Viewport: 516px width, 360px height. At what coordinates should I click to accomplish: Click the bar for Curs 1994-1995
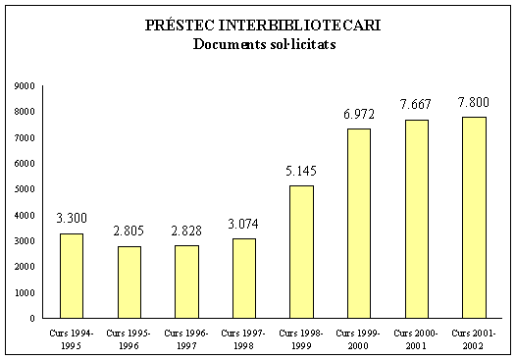71,276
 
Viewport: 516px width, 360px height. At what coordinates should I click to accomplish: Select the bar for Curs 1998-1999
301,252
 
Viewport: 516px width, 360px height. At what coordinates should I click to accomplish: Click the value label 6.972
359,115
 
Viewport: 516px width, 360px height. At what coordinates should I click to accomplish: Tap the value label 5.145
301,172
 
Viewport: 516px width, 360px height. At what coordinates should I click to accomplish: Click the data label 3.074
244,225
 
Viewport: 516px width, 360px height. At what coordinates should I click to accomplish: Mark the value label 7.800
474,102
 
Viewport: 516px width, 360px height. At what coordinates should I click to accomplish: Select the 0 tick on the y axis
32,318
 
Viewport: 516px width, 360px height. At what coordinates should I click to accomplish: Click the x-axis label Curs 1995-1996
129,338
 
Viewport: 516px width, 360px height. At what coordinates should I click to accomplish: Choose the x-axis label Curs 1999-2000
359,338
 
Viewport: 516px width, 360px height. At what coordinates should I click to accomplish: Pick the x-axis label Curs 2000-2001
417,338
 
